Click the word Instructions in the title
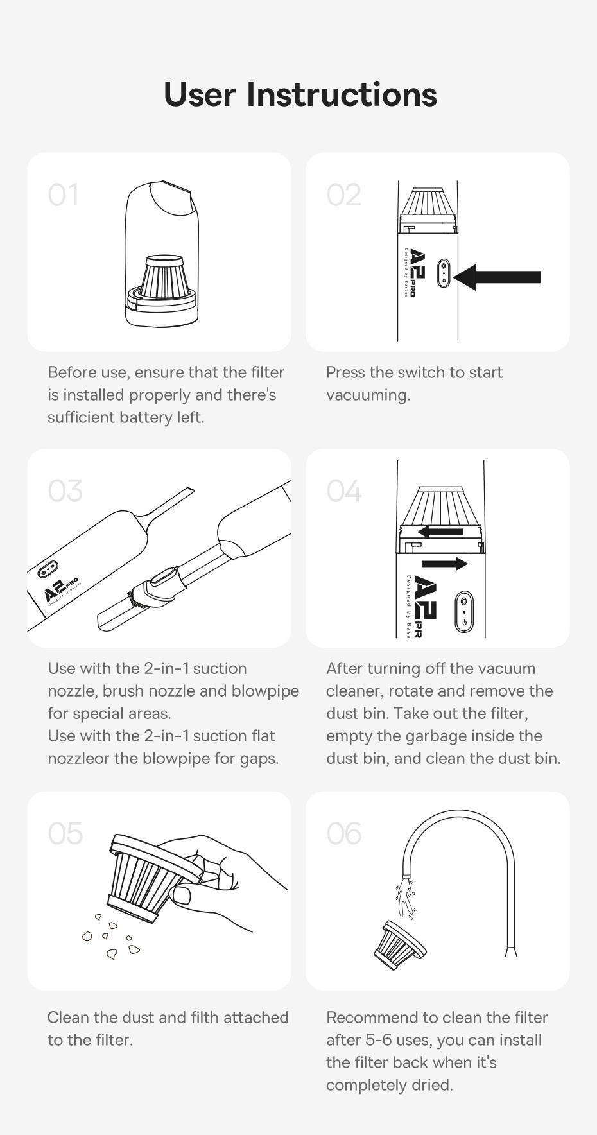point(342,95)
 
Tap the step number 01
point(64,195)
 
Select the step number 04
point(343,491)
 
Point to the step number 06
point(343,834)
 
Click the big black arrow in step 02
point(499,277)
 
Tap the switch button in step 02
point(443,274)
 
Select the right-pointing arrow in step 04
point(445,564)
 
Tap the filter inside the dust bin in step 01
point(165,278)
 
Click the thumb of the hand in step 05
point(182,894)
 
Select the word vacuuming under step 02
point(368,395)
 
